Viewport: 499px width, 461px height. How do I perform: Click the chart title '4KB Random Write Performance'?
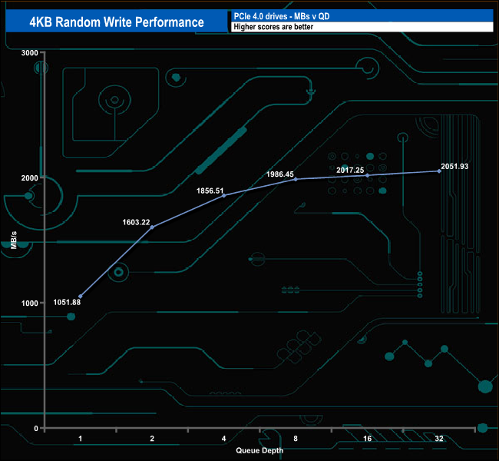(x=117, y=22)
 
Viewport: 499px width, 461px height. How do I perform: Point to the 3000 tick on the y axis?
(x=30, y=52)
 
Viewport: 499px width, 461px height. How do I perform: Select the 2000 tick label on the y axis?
(x=30, y=177)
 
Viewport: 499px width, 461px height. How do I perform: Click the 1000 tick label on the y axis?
(x=30, y=303)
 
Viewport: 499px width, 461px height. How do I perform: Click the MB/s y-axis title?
(x=15, y=240)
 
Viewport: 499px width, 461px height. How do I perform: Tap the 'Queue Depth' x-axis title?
(x=259, y=450)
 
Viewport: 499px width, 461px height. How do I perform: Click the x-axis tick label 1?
(x=81, y=439)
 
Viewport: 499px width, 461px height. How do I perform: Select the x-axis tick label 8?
(x=296, y=439)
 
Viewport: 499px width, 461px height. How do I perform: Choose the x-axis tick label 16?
(x=367, y=439)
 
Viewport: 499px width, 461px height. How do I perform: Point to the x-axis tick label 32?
(x=438, y=439)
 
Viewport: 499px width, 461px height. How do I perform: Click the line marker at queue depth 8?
(x=296, y=180)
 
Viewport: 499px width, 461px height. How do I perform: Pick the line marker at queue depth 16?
(x=367, y=176)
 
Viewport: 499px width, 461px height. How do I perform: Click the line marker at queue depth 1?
(x=81, y=297)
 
